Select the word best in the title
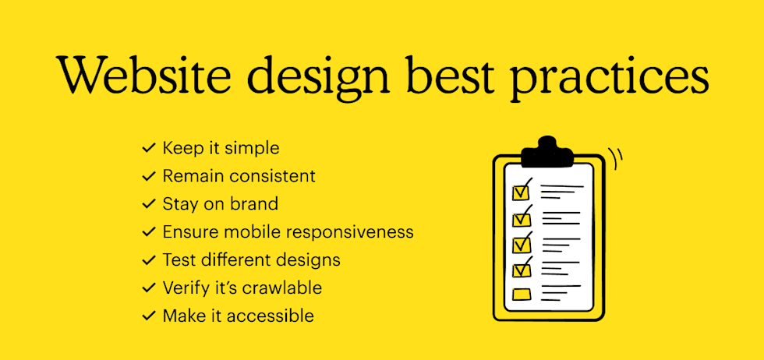tap(447, 75)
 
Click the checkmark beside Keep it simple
tap(149, 148)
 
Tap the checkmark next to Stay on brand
tap(149, 204)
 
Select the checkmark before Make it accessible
tap(149, 316)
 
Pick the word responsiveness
tap(350, 232)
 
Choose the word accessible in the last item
tap(271, 316)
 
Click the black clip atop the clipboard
tap(547, 151)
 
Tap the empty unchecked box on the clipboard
tap(522, 295)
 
